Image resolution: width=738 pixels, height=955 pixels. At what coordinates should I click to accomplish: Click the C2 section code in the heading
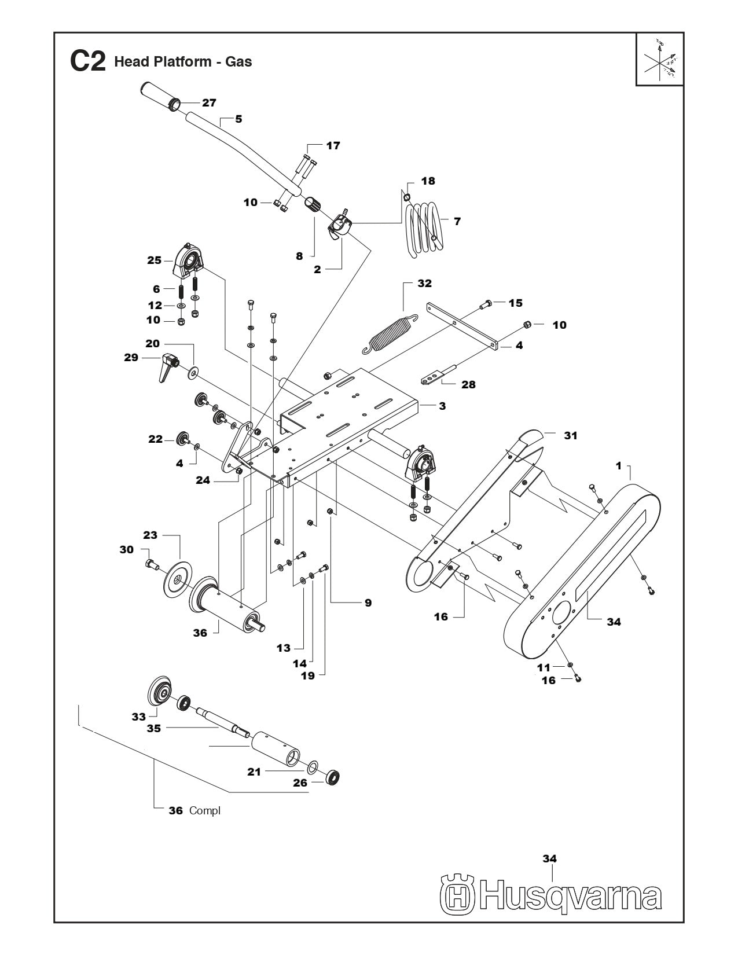87,61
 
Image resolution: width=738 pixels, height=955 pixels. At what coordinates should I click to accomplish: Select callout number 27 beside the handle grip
208,103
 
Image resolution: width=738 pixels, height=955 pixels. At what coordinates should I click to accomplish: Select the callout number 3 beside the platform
442,406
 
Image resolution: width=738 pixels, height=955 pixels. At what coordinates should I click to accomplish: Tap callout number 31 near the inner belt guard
570,435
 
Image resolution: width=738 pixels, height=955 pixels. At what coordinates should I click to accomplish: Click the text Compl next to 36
204,811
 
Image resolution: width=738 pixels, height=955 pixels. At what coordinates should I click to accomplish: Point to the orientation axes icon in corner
660,60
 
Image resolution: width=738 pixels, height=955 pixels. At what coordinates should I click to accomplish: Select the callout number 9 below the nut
368,603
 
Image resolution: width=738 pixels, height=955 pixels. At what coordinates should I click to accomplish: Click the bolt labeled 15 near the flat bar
487,303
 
